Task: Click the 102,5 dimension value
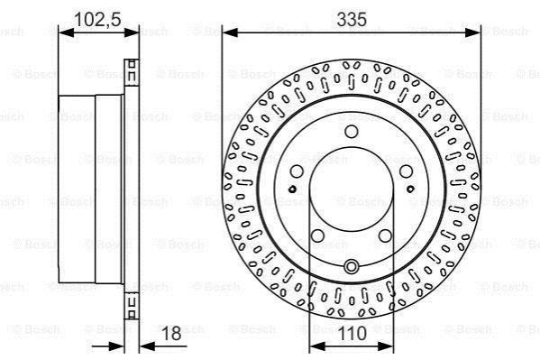97,19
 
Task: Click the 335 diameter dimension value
352,19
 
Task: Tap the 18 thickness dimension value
171,334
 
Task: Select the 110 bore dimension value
352,334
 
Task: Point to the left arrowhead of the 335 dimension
230,32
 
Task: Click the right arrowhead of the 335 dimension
472,32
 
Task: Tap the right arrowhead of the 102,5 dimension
132,32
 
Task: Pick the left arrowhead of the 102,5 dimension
67,32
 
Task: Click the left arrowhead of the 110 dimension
316,346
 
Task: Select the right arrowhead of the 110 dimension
386,346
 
